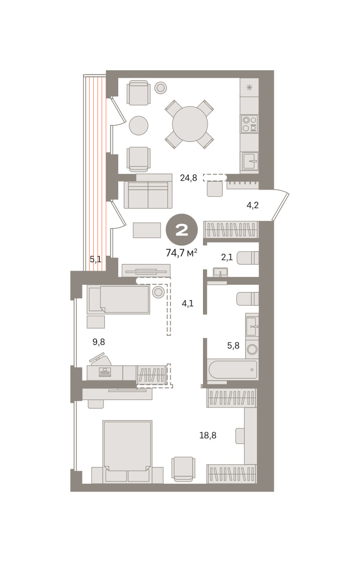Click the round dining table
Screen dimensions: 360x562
coord(190,124)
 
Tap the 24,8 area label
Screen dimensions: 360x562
coord(188,178)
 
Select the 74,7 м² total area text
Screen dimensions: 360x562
coord(181,252)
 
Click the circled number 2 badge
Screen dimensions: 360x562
coord(182,229)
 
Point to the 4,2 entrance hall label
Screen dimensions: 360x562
coord(252,205)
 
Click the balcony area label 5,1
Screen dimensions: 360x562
coord(96,259)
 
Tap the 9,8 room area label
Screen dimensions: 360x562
coord(98,342)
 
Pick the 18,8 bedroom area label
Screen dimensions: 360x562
coord(208,435)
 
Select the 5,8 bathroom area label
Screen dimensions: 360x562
coord(233,346)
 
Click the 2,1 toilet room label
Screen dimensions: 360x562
coord(227,257)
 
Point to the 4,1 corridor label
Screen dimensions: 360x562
coord(187,303)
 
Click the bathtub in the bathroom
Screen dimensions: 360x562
coord(232,370)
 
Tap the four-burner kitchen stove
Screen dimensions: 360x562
coord(249,124)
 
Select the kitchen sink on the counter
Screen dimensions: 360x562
coord(250,161)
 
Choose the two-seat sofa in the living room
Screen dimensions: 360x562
coord(148,195)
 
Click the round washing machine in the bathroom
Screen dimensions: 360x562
coord(252,349)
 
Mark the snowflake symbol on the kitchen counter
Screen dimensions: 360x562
coord(249,87)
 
